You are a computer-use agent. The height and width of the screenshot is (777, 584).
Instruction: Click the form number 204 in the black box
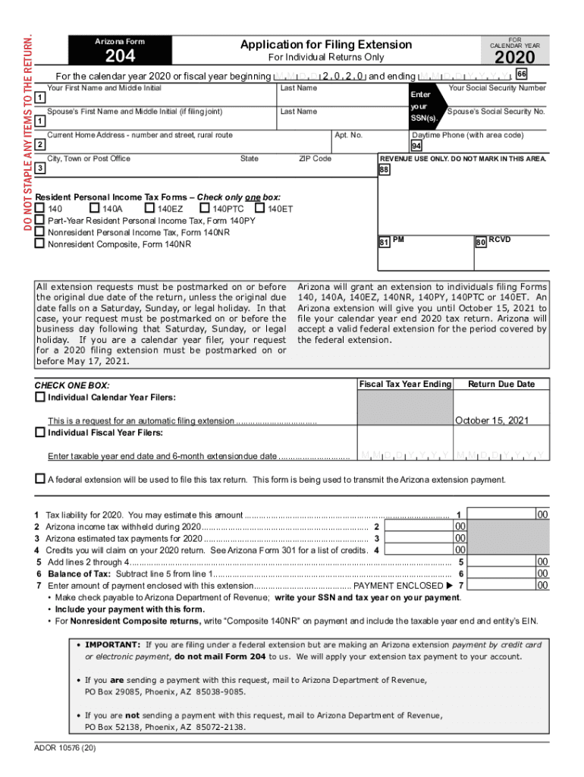point(120,55)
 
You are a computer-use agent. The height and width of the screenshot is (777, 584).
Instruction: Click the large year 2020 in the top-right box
point(515,58)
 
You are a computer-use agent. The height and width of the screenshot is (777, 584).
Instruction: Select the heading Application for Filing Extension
point(326,45)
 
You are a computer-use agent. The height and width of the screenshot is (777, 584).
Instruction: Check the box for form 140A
point(94,208)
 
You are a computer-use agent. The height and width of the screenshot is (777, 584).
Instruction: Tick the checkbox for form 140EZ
point(150,208)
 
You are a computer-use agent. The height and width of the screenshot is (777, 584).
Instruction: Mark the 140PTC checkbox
point(205,208)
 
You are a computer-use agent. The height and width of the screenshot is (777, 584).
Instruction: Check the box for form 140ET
point(260,208)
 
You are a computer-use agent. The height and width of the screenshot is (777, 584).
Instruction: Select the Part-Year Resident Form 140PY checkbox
point(39,220)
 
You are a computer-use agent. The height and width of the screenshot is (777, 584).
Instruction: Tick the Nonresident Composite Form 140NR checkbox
point(39,244)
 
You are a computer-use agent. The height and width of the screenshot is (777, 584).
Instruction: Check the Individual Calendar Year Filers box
point(39,397)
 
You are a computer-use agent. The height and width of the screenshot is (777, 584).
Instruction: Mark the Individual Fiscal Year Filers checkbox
point(39,433)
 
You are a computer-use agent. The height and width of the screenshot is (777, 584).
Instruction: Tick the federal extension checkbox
point(39,479)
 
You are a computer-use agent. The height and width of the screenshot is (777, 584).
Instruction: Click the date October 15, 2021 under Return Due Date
point(491,420)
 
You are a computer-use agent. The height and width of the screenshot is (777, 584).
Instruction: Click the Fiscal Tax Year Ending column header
point(405,384)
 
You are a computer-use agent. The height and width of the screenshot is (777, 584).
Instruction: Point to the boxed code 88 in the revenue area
point(384,171)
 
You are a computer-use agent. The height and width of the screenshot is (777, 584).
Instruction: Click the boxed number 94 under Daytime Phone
point(416,146)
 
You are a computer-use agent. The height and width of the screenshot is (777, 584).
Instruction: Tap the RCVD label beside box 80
point(499,240)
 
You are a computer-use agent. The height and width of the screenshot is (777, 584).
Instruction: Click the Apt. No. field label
point(348,135)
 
